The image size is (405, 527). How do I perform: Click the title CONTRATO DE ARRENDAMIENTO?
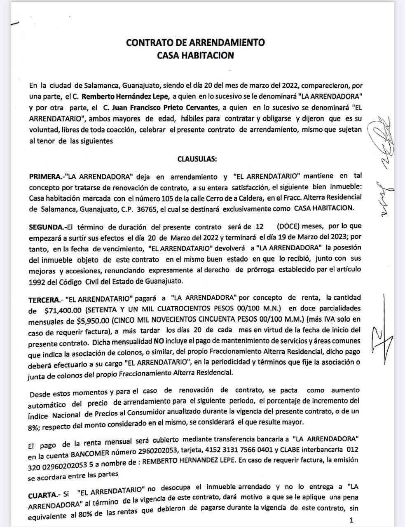coord(195,42)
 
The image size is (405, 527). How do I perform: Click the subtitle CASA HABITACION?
coord(196,55)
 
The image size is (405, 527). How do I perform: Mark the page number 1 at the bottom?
coord(351,520)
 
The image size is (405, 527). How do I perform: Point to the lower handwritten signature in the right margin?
coord(382,329)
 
